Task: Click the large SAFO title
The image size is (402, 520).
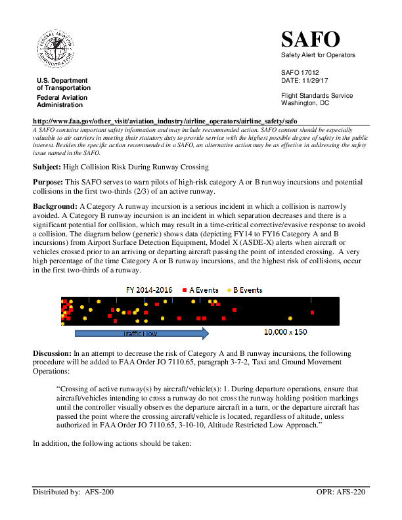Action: [x=310, y=39]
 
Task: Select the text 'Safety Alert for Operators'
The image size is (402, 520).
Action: [x=318, y=55]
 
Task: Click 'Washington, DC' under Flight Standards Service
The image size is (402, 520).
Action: [x=305, y=103]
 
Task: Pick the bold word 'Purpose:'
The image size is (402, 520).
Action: [x=48, y=181]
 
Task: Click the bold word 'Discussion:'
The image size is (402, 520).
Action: [x=53, y=354]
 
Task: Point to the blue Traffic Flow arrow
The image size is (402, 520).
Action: [x=141, y=334]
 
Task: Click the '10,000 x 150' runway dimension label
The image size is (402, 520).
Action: [x=285, y=332]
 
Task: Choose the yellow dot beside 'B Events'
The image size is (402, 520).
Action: [x=229, y=290]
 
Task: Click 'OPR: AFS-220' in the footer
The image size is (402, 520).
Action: [x=340, y=491]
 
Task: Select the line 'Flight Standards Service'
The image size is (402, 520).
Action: [x=317, y=96]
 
